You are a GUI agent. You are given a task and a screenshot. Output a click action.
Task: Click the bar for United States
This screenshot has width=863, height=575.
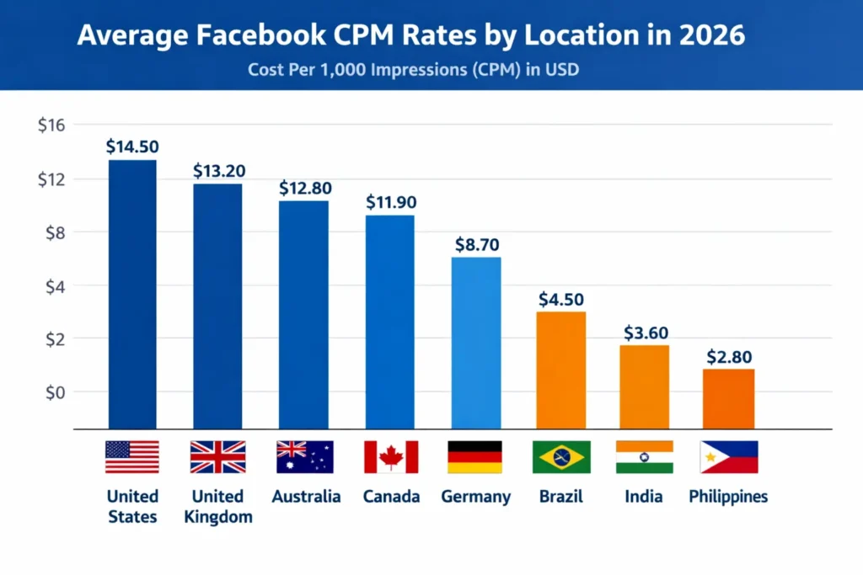[132, 295]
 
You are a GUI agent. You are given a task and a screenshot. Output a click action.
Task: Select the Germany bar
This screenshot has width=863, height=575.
[476, 343]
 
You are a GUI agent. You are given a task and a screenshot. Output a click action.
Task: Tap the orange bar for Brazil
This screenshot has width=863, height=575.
[560, 370]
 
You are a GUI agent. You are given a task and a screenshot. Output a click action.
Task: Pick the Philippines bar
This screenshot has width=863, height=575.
[728, 399]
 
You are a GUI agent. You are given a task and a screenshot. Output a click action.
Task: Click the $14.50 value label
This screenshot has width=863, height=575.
[132, 146]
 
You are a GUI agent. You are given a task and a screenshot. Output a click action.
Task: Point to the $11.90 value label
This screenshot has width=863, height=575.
[391, 202]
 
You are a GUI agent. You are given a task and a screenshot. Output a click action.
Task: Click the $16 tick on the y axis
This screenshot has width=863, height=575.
[51, 125]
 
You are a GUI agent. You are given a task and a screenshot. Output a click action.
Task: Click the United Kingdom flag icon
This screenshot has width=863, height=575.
[217, 457]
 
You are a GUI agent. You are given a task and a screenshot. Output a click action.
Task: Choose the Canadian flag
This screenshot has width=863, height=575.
[391, 457]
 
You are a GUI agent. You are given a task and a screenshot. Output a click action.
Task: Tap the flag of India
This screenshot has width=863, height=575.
[645, 457]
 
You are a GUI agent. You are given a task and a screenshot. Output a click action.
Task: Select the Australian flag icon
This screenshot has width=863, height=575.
[305, 457]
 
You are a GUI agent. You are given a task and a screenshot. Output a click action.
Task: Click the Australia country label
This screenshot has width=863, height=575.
[306, 497]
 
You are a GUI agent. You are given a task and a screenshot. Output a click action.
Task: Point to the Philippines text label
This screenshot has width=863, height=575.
[728, 497]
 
